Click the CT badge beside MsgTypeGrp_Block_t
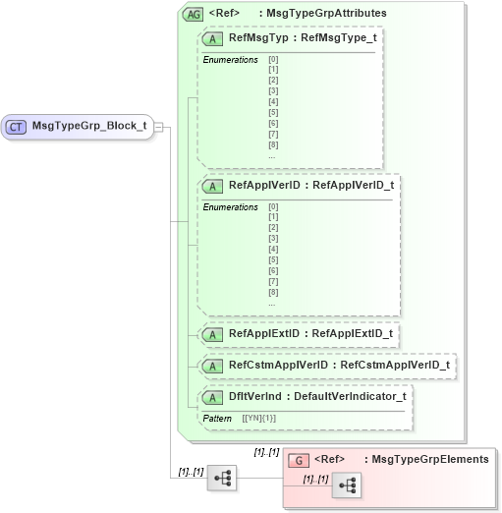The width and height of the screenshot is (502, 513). pos(17,126)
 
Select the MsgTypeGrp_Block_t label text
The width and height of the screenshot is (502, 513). pos(89,126)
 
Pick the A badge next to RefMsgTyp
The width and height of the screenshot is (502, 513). pos(211,39)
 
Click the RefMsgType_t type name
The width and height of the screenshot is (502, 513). pos(339,39)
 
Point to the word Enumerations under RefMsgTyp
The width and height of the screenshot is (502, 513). pos(230,60)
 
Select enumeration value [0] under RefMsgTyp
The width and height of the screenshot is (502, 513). pos(272,60)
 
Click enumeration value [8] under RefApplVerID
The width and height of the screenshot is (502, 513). pos(272,292)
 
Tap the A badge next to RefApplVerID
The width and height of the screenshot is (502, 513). pos(211,185)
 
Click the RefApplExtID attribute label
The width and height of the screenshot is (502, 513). pos(263,333)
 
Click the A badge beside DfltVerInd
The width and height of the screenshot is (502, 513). pos(211,396)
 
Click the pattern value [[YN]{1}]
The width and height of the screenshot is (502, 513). pos(258,418)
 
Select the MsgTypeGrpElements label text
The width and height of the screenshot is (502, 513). pos(430,459)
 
